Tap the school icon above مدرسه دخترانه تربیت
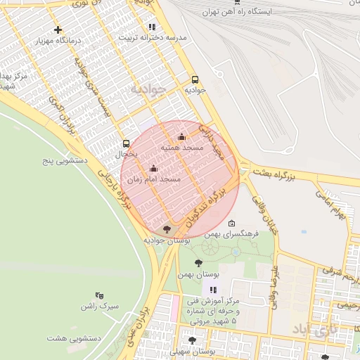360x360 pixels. (x=152, y=27)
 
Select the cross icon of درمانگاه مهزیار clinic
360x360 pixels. (x=58, y=30)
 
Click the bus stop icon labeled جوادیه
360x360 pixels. (x=195, y=79)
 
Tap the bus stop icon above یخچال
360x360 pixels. (x=126, y=142)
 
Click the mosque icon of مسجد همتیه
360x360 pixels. (x=182, y=137)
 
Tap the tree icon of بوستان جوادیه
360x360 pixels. (x=166, y=229)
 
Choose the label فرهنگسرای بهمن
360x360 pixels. (x=235, y=233)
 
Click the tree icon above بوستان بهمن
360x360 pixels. (x=198, y=262)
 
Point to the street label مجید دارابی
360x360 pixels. (x=210, y=141)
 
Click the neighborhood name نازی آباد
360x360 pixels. (x=315, y=328)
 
